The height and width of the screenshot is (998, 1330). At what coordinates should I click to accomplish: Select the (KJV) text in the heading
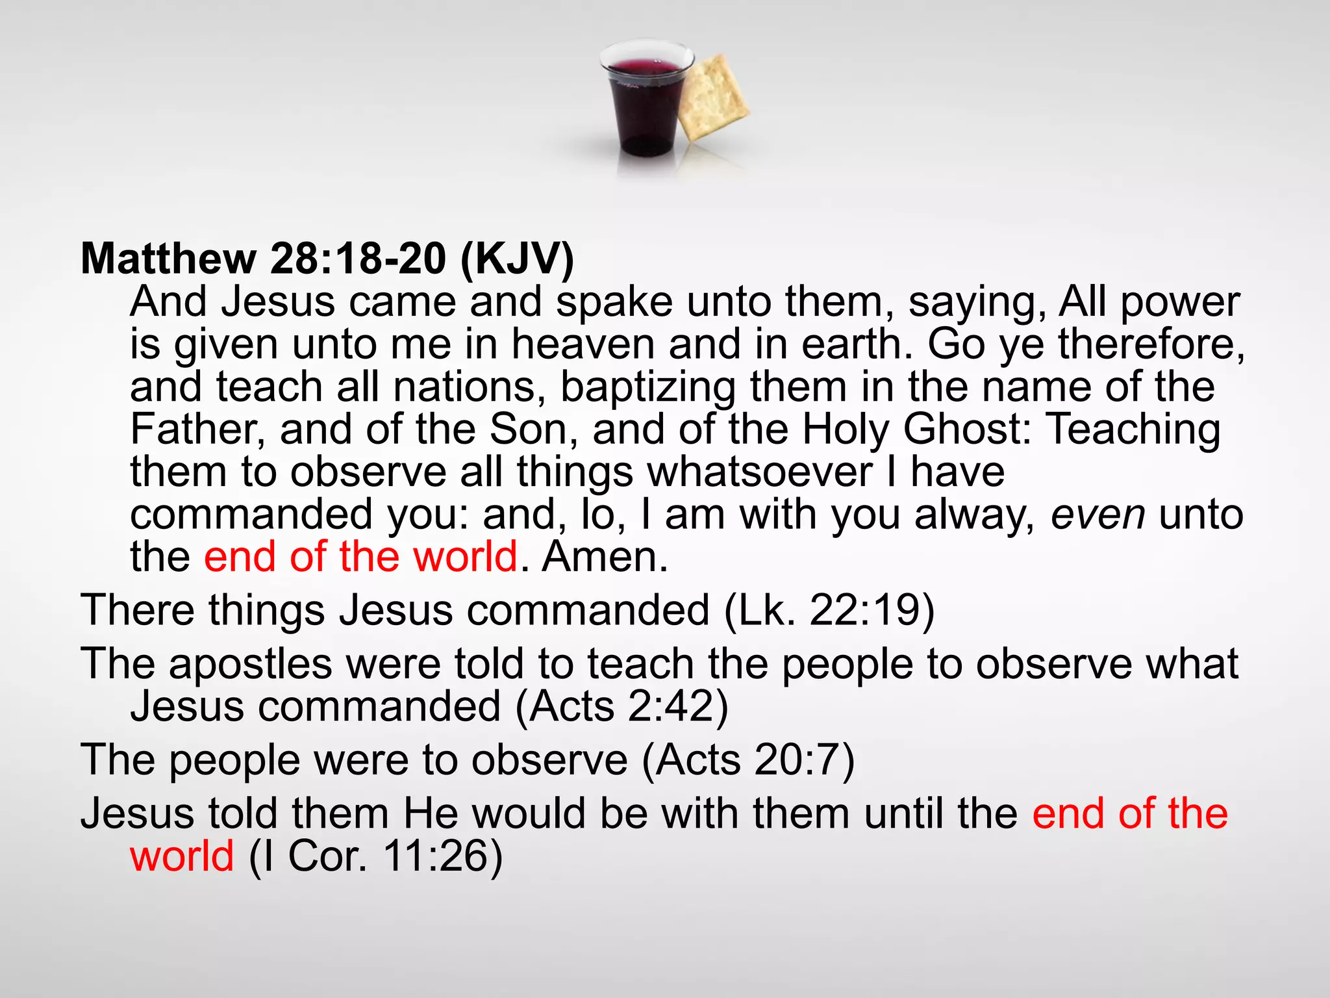517,259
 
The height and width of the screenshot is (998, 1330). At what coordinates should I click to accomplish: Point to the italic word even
1098,515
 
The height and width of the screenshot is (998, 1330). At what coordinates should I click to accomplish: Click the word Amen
605,557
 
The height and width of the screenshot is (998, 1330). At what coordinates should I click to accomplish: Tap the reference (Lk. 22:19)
829,611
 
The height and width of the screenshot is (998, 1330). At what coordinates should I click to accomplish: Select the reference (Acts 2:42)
621,706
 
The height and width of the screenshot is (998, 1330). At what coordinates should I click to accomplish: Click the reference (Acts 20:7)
748,760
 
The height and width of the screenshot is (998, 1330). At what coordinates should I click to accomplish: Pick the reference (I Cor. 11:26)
376,856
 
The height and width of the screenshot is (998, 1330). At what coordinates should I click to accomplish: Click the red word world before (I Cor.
182,856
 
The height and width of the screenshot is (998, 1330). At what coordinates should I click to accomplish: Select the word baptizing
647,388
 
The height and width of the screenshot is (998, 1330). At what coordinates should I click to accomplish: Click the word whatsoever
760,472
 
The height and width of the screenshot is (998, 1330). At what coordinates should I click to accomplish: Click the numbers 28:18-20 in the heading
358,259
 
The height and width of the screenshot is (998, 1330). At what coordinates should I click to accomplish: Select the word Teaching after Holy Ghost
1134,431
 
